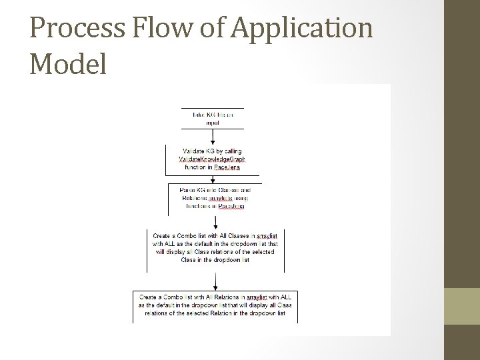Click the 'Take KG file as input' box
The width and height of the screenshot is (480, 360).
pos(213,118)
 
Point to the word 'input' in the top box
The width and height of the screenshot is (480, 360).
pos(213,123)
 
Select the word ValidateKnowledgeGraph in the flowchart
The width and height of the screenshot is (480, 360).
pos(212,159)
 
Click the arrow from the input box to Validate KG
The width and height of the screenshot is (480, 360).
pos(213,136)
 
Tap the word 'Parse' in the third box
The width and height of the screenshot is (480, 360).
pos(189,190)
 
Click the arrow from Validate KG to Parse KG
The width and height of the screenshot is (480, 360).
pos(213,175)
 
